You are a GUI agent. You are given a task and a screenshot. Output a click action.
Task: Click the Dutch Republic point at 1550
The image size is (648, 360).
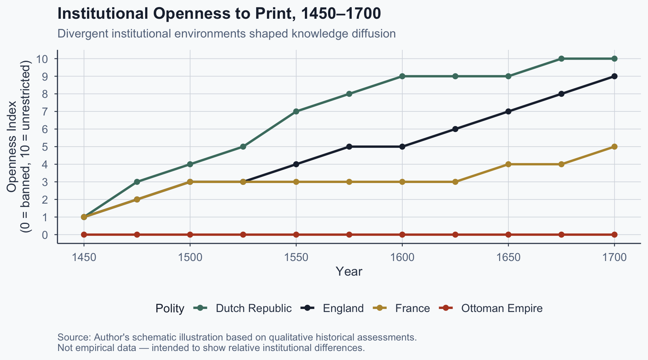click(296, 111)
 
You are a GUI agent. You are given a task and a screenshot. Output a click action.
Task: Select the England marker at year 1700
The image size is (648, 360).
click(614, 76)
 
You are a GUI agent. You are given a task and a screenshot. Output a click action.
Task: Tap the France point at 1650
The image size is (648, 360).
click(508, 164)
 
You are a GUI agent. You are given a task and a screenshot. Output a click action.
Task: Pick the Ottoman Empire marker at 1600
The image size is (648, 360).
click(402, 235)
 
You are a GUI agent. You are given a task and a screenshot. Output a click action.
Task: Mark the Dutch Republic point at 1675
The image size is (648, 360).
click(561, 58)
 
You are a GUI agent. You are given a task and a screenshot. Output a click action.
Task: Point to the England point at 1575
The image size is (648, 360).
click(349, 147)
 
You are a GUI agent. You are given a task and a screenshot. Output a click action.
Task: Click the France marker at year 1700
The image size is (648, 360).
click(614, 147)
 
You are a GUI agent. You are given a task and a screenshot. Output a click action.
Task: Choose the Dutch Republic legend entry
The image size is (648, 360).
click(253, 309)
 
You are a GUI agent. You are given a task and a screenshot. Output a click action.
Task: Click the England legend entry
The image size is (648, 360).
click(343, 309)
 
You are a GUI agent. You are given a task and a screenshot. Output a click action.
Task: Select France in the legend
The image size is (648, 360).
click(412, 309)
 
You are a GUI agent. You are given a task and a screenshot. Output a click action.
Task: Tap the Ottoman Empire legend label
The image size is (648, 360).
click(502, 309)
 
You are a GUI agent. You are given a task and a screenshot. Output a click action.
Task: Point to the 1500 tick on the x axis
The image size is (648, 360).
click(190, 258)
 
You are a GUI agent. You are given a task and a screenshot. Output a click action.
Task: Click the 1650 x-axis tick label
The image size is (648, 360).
click(508, 258)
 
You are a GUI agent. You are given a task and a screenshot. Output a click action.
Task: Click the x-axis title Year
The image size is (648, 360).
click(349, 271)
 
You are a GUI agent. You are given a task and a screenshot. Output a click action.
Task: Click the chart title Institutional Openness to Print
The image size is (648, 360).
click(219, 14)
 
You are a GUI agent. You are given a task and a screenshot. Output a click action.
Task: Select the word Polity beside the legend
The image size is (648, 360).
click(170, 309)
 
